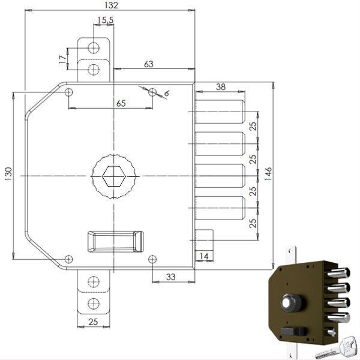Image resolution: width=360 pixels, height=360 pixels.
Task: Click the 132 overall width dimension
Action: pyautogui.click(x=110, y=5)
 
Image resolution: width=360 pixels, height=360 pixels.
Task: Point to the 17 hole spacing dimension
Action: pyautogui.click(x=63, y=58)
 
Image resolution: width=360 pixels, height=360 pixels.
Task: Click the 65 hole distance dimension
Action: pyautogui.click(x=121, y=103)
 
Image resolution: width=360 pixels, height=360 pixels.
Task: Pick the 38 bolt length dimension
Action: pyautogui.click(x=220, y=87)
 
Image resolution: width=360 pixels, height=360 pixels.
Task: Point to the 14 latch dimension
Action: pyautogui.click(x=204, y=256)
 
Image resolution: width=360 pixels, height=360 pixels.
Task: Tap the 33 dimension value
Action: pyautogui.click(x=170, y=277)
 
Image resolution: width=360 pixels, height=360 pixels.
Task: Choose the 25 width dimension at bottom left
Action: pyautogui.click(x=93, y=323)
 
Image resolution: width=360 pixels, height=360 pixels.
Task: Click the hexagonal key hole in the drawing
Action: pyautogui.click(x=113, y=176)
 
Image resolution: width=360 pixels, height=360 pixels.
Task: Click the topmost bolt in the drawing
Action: pyautogui.click(x=220, y=111)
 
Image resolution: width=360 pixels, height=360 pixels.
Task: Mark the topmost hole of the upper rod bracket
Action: pyautogui.click(x=94, y=48)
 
